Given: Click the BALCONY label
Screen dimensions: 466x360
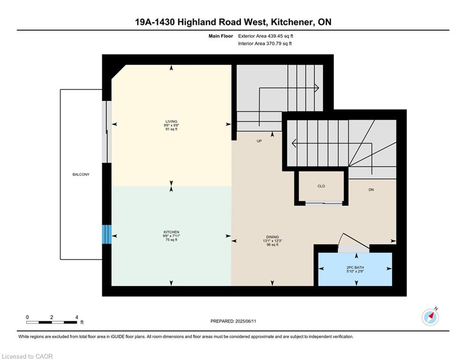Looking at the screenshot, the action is pyautogui.click(x=81, y=174).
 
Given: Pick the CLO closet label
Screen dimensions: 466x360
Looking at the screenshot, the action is pyautogui.click(x=321, y=186).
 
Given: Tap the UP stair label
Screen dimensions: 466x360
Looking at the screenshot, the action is pyautogui.click(x=259, y=141).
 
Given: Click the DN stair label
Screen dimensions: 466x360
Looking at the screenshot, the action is pyautogui.click(x=371, y=190).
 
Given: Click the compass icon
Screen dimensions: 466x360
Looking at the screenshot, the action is pyautogui.click(x=430, y=317).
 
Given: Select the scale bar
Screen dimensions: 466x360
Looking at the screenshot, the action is pyautogui.click(x=52, y=322).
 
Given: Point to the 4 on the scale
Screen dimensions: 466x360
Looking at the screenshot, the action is pyautogui.click(x=77, y=317).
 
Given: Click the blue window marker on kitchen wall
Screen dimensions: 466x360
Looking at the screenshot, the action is pyautogui.click(x=107, y=234).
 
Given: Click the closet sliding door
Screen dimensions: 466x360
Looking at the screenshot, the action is pyautogui.click(x=324, y=203).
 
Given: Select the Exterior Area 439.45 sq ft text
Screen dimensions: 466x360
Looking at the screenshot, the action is pyautogui.click(x=266, y=36).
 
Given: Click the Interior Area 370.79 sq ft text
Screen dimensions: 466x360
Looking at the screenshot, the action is pyautogui.click(x=265, y=44).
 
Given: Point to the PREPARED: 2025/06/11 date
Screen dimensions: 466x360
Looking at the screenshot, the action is pyautogui.click(x=233, y=321).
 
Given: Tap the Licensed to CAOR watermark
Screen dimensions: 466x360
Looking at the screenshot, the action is pyautogui.click(x=27, y=356).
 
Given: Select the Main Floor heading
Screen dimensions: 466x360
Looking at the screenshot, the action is pyautogui.click(x=221, y=36).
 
